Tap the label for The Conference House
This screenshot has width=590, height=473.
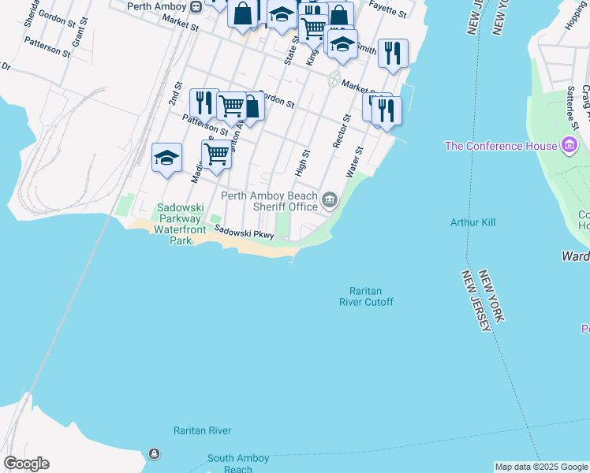pos(501,146)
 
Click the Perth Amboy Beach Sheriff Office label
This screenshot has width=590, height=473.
pos(269,202)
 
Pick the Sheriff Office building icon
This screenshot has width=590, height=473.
pos(329,201)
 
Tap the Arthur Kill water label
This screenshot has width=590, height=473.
pos(472,222)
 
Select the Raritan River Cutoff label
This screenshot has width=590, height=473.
pos(366,296)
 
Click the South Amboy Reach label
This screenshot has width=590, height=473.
pos(238,463)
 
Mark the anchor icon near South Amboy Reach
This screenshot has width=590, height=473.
pos(153,454)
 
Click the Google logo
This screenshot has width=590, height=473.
pos(26,464)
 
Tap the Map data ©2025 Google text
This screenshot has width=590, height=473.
pos(541,467)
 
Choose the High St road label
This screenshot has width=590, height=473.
pos(303,163)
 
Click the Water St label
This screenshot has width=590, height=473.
pos(354,162)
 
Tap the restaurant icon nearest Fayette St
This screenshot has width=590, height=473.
pos(393,52)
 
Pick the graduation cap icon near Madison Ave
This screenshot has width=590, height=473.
pos(166,157)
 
